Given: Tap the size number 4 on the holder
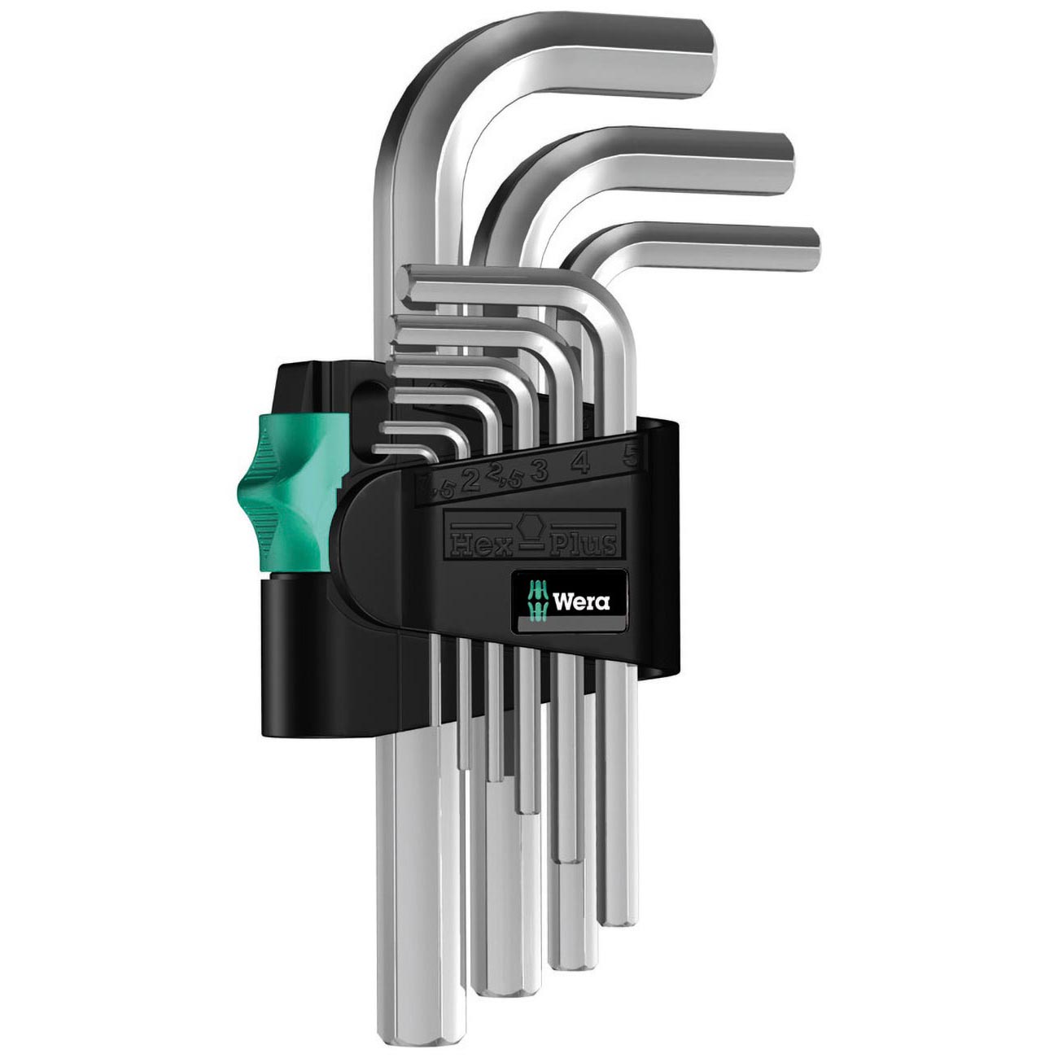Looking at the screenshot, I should click(x=579, y=463).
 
